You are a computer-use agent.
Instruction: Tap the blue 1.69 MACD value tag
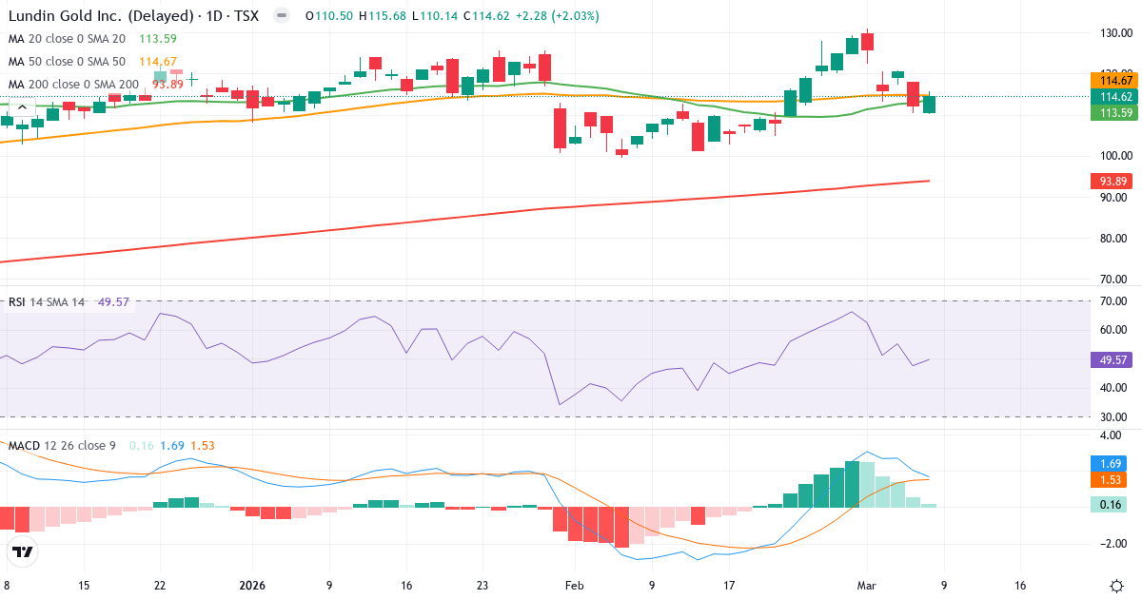click(1109, 462)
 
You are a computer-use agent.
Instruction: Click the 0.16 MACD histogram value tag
click(1109, 504)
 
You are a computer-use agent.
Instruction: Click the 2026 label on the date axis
click(252, 586)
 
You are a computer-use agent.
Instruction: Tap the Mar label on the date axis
click(866, 586)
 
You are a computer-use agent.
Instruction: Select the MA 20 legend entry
click(67, 39)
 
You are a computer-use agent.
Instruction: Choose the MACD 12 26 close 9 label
click(62, 445)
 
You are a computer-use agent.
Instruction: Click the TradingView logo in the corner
click(23, 551)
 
